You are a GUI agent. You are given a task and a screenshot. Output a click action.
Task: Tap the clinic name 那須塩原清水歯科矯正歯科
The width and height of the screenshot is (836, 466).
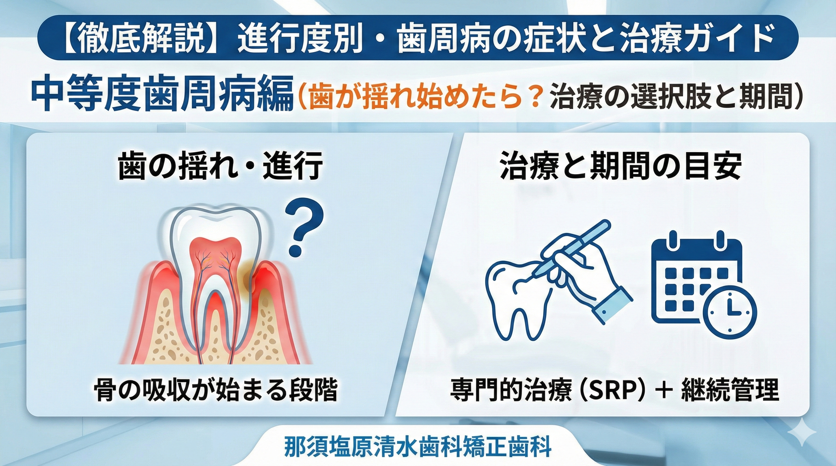(418, 447)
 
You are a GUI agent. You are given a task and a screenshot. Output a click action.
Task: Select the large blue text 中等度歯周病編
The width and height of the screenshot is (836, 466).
(162, 96)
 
